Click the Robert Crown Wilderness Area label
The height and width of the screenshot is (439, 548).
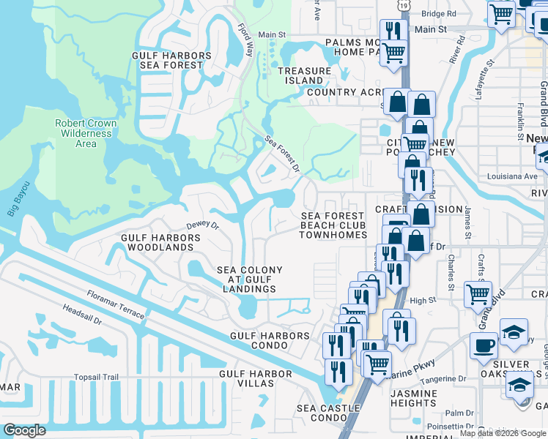pyautogui.click(x=86, y=133)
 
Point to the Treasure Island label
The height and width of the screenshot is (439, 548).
pyautogui.click(x=304, y=75)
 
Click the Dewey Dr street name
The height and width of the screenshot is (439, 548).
pyautogui.click(x=202, y=226)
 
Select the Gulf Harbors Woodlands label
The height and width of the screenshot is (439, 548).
pyautogui.click(x=157, y=243)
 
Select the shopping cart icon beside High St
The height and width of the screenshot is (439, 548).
pyautogui.click(x=478, y=293)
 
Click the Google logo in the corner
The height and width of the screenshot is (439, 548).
pyautogui.click(x=24, y=430)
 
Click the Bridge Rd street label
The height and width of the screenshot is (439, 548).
pyautogui.click(x=439, y=13)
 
